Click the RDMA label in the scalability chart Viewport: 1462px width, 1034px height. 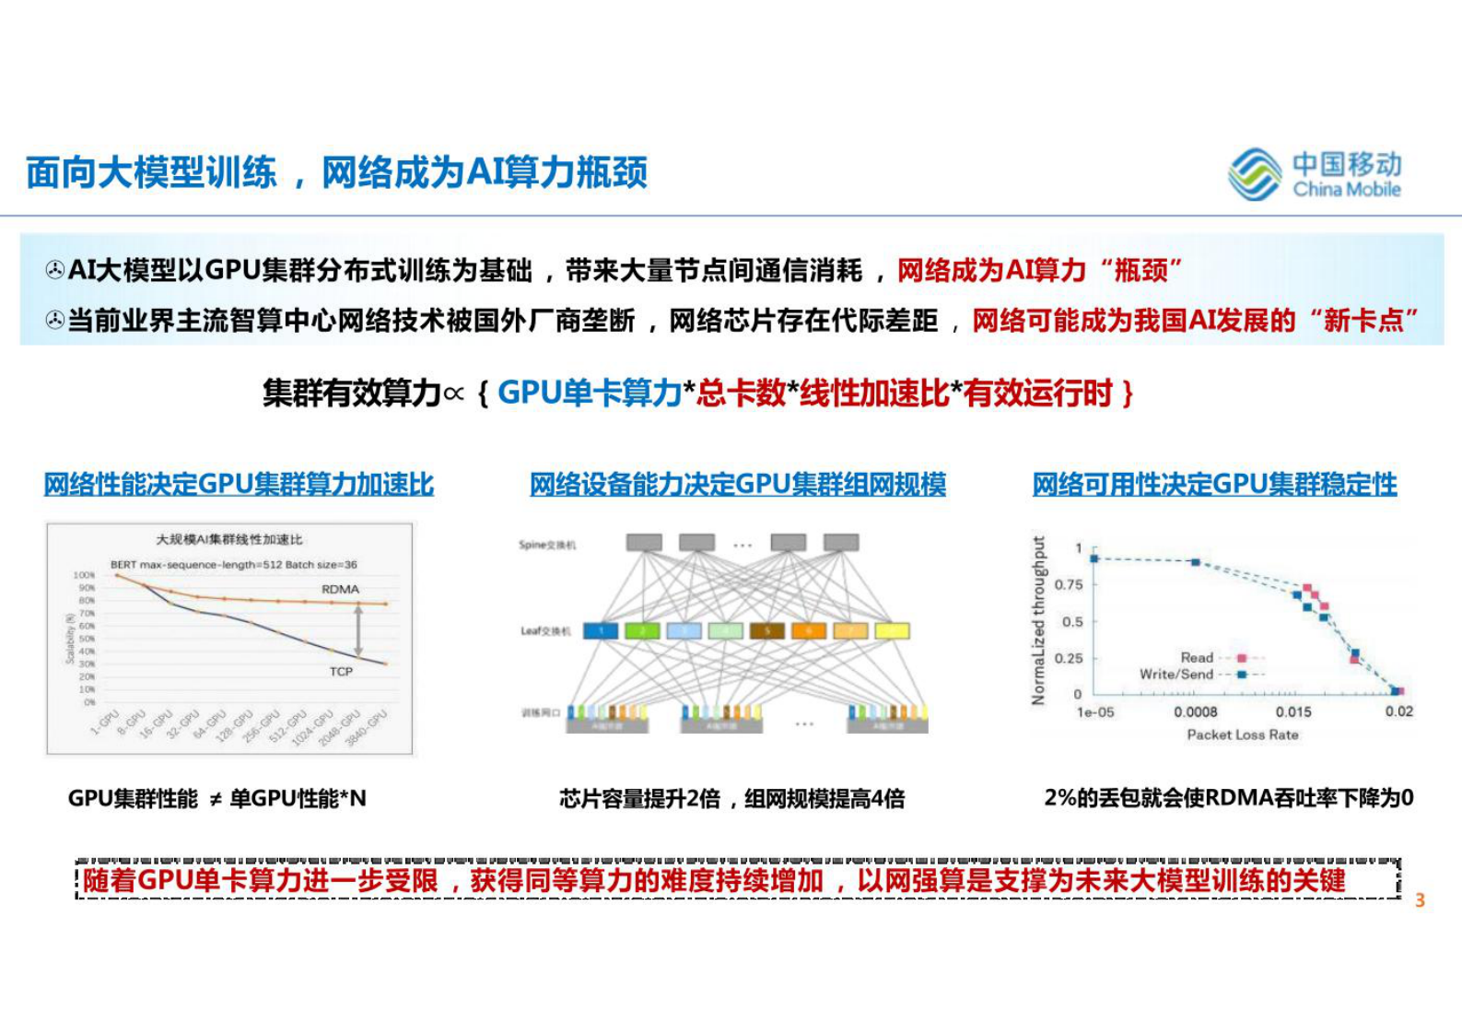coord(340,589)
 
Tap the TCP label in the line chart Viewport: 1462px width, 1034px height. coord(341,671)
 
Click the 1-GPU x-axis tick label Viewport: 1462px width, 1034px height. coord(105,722)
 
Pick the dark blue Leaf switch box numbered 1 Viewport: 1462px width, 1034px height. coord(602,631)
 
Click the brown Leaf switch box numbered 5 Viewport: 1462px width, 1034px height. coord(766,631)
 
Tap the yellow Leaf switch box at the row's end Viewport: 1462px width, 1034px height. coord(892,631)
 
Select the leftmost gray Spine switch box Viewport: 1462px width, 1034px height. coord(644,543)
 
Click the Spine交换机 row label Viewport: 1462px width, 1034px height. coord(547,545)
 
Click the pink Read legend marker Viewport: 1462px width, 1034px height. coord(1242,657)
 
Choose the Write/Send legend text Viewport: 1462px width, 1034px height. coord(1176,674)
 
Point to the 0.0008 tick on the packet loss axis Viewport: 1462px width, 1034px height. coord(1196,711)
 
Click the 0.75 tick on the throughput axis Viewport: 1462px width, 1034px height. coord(1069,584)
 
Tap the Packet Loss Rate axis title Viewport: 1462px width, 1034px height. coord(1243,734)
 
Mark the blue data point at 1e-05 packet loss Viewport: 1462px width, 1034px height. coord(1094,558)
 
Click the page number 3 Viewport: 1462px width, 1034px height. coord(1420,900)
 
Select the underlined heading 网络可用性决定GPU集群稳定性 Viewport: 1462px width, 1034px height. coord(1214,484)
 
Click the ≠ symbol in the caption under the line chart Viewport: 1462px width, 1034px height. coord(215,799)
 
